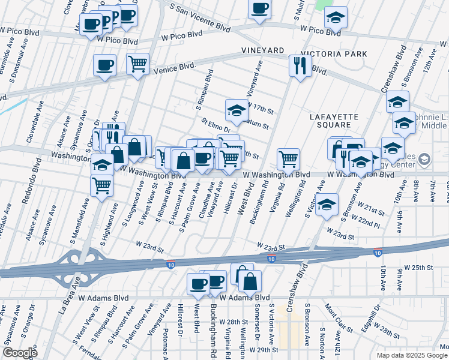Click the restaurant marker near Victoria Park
[x=300, y=65]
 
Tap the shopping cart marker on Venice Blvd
[x=138, y=64]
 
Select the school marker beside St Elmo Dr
[x=237, y=110]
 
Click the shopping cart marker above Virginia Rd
[x=289, y=159]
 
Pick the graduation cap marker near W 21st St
[x=327, y=205]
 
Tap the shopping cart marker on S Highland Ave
[x=101, y=184]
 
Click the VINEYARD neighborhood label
[x=262, y=51]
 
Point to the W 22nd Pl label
[x=369, y=223]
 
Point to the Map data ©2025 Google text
[x=412, y=355]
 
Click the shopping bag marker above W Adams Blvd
[x=250, y=280]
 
